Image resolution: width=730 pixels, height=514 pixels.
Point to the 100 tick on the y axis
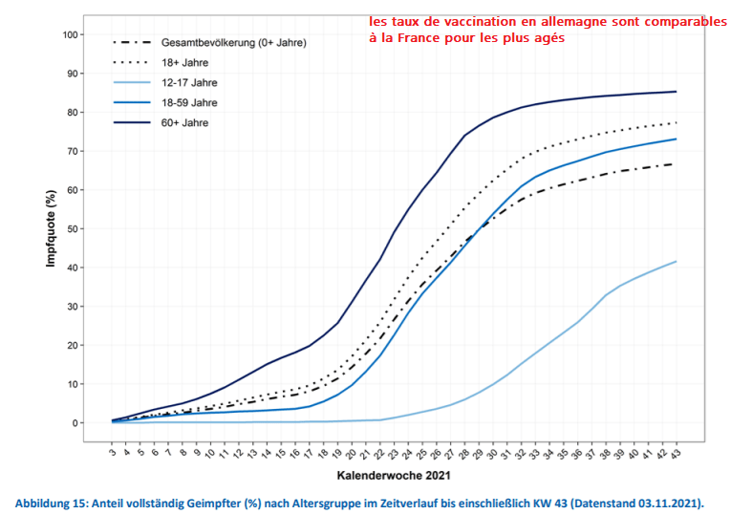point(69,35)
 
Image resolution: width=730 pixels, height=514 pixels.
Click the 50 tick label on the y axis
point(72,229)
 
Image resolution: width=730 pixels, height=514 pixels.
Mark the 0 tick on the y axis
point(75,423)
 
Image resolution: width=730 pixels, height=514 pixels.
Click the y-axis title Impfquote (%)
point(51,230)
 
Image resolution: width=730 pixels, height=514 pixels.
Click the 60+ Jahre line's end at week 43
point(676,92)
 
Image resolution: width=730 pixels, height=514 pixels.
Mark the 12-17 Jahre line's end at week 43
point(676,262)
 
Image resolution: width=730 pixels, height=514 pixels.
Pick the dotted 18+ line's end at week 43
point(676,122)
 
